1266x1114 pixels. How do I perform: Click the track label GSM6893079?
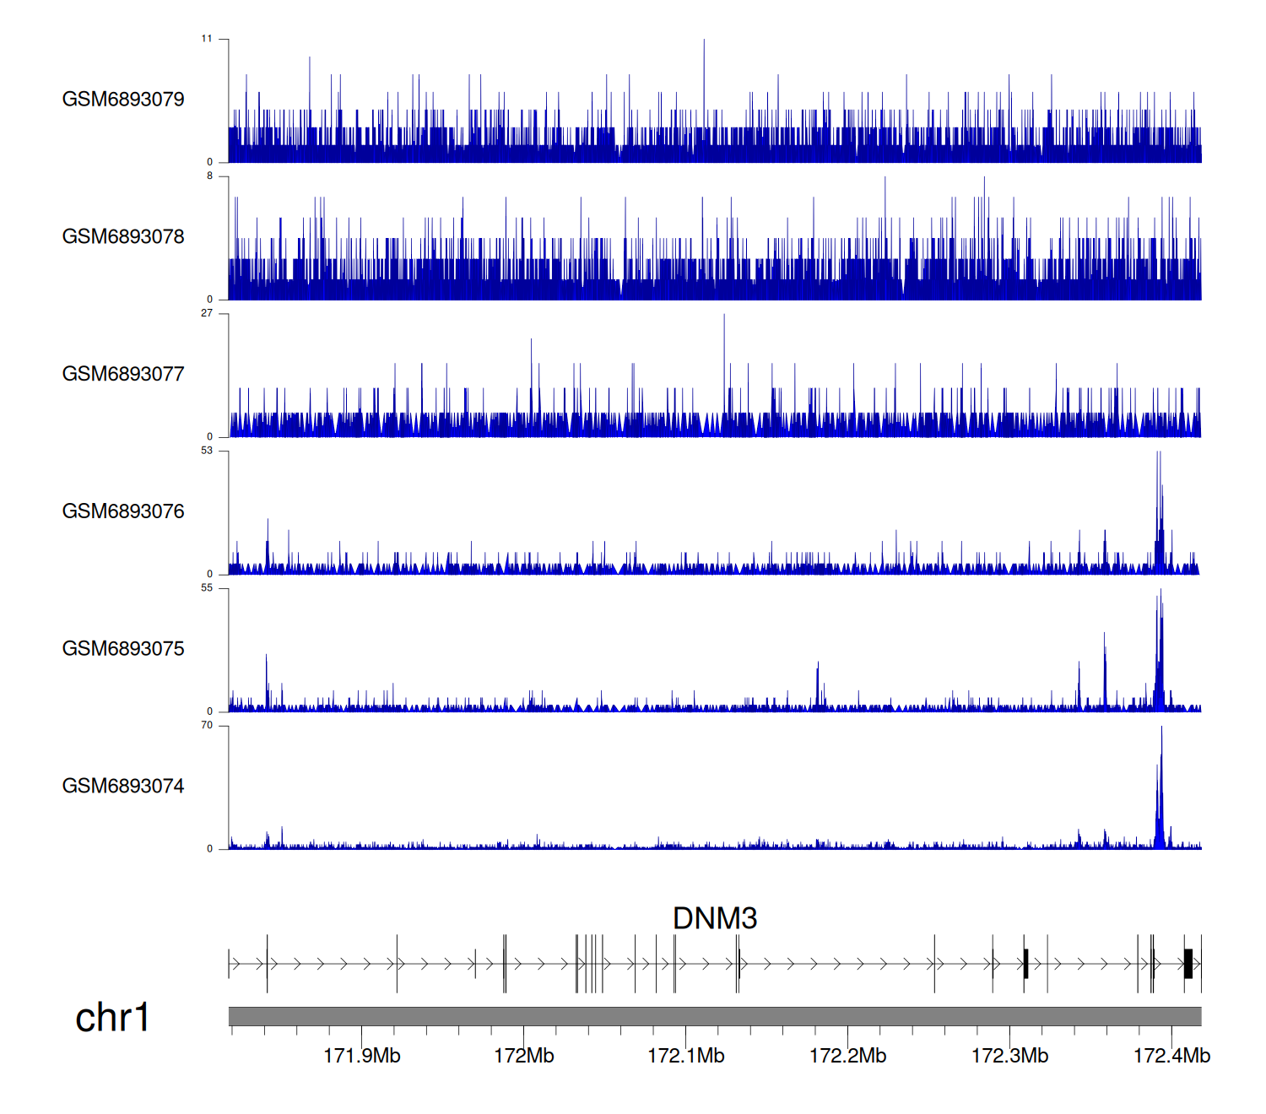point(123,100)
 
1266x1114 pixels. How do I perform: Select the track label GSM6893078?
point(123,237)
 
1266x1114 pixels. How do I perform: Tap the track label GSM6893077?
point(123,375)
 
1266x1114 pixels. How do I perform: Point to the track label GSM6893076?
point(123,511)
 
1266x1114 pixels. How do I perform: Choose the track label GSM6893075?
point(123,649)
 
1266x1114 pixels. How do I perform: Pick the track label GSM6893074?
point(123,787)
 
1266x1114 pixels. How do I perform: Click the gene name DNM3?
point(715,918)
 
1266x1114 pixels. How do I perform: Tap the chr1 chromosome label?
point(112,1018)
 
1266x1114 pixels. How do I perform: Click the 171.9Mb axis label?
point(362,1056)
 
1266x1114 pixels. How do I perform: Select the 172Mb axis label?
point(524,1056)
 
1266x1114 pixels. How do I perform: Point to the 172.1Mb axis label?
point(686,1056)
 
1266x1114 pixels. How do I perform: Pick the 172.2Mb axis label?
point(848,1056)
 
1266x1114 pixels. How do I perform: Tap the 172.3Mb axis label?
point(1010,1056)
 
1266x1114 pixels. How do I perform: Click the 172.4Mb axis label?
point(1171,1056)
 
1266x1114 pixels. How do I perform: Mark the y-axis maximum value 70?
point(207,726)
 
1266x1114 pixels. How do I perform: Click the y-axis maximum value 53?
point(207,451)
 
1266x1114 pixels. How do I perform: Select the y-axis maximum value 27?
point(207,313)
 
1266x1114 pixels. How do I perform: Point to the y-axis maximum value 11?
point(207,39)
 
